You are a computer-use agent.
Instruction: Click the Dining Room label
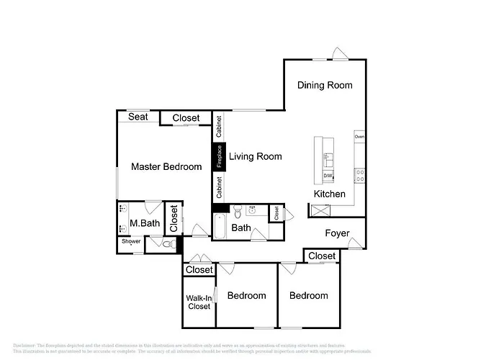(325, 85)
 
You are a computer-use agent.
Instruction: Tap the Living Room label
(255, 156)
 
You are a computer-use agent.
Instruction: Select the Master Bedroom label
(166, 167)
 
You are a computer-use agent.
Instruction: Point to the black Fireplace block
(220, 157)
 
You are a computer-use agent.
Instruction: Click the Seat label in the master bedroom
(138, 117)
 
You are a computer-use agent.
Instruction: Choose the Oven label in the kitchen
(359, 136)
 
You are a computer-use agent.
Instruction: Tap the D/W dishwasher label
(328, 176)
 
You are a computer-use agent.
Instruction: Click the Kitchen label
(330, 194)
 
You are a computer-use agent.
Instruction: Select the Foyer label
(337, 233)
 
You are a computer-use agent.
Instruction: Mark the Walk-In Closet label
(198, 302)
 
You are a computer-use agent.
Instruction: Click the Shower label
(130, 242)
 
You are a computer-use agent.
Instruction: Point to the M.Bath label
(145, 223)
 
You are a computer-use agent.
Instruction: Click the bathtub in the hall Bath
(220, 228)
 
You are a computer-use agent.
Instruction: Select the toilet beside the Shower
(168, 245)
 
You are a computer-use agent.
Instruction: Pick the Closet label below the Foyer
(322, 256)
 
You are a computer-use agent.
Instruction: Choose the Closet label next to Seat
(186, 118)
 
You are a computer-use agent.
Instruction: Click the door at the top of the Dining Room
(338, 54)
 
